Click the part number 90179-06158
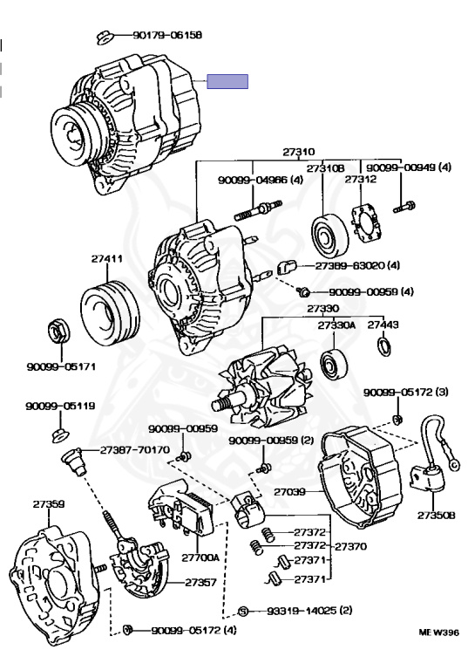click(x=167, y=35)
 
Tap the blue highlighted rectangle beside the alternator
click(x=227, y=81)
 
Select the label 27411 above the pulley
click(x=106, y=258)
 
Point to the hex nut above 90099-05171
click(x=56, y=332)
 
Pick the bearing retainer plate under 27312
click(x=366, y=223)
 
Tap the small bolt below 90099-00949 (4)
click(x=404, y=208)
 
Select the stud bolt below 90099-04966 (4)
click(x=258, y=209)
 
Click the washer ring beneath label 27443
click(x=383, y=346)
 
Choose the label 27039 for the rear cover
click(x=289, y=492)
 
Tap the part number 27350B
click(x=436, y=516)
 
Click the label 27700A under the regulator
click(x=200, y=557)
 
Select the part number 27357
click(x=200, y=582)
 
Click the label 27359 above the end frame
click(x=49, y=503)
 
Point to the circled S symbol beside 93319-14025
click(x=243, y=612)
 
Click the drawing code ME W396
click(x=438, y=632)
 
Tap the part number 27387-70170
click(x=135, y=449)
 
